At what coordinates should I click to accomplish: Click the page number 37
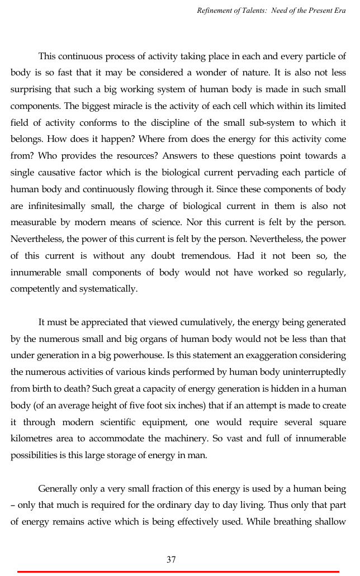(x=171, y=559)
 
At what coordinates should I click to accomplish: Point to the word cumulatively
(x=189, y=322)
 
